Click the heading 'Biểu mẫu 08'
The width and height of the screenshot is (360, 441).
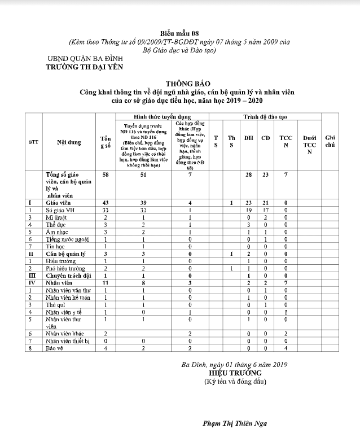[179, 33]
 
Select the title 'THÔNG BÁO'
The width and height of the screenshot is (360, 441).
[179, 82]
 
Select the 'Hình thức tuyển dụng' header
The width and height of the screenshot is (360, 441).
[161, 115]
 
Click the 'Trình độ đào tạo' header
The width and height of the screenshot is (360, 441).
[265, 116]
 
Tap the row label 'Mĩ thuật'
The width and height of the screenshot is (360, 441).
[57, 216]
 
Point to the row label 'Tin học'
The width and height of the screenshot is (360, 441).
[55, 246]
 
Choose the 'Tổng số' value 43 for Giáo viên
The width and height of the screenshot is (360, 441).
[106, 202]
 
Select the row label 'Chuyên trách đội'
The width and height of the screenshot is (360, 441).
[68, 276]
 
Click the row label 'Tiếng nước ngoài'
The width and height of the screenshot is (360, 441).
[68, 239]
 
